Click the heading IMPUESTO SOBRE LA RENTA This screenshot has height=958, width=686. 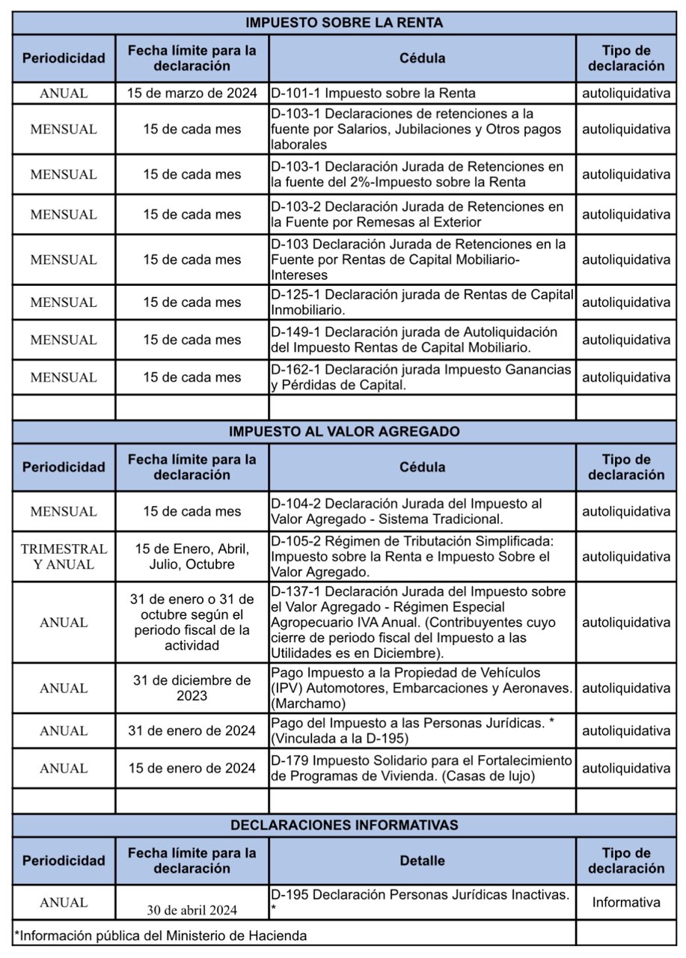344,23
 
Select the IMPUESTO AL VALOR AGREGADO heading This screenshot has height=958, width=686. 344,432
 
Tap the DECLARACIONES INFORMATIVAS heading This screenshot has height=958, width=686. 344,826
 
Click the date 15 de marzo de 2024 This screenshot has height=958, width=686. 192,94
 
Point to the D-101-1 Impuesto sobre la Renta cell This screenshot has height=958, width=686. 373,94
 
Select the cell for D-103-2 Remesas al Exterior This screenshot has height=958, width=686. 422,214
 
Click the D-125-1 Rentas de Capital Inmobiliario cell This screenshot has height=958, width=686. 422,302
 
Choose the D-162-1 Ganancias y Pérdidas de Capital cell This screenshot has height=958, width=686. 422,377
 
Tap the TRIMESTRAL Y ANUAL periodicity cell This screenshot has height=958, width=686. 64,557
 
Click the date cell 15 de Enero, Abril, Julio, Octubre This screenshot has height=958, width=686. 192,557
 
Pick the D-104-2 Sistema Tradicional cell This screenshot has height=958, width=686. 422,511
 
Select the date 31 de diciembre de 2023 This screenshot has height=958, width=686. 192,688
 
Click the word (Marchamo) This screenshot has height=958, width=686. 307,704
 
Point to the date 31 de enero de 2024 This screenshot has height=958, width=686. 192,730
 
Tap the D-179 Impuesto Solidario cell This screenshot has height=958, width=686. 422,768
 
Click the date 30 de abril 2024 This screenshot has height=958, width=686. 192,910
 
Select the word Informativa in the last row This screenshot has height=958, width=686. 626,903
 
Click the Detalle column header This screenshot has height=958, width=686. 422,861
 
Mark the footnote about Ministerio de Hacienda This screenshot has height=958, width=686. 161,935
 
